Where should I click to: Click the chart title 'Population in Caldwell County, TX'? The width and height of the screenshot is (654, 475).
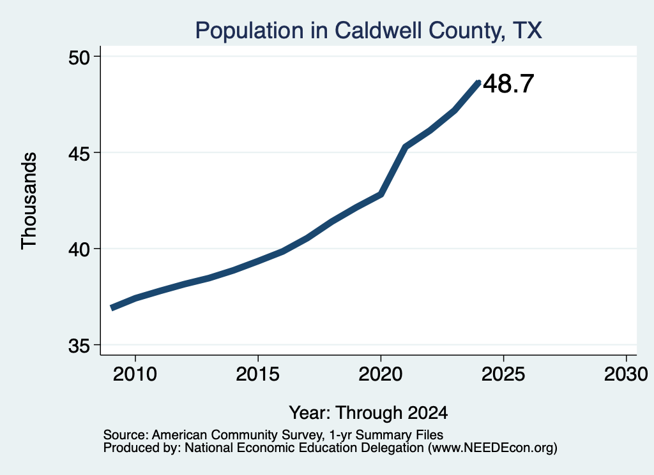pyautogui.click(x=369, y=31)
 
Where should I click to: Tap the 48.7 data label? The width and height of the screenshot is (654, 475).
pyautogui.click(x=508, y=84)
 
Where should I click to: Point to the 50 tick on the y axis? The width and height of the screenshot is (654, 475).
pyautogui.click(x=79, y=57)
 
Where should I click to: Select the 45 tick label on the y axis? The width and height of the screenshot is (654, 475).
pyautogui.click(x=79, y=153)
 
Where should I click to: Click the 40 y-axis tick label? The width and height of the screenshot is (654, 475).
pyautogui.click(x=79, y=249)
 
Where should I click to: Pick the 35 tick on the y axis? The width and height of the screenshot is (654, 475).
pyautogui.click(x=79, y=346)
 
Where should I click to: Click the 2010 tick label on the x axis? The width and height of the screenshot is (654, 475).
pyautogui.click(x=135, y=374)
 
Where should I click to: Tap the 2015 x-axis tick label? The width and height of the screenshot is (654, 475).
pyautogui.click(x=258, y=374)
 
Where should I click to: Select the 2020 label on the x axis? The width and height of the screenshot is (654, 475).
pyautogui.click(x=381, y=374)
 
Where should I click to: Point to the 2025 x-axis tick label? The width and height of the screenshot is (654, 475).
pyautogui.click(x=503, y=374)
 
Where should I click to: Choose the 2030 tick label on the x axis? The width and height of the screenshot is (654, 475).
pyautogui.click(x=626, y=374)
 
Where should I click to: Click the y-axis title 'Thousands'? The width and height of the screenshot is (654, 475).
pyautogui.click(x=29, y=201)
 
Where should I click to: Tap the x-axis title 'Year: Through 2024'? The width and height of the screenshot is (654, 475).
pyautogui.click(x=369, y=413)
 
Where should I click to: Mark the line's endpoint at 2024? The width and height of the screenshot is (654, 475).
pyautogui.click(x=479, y=82)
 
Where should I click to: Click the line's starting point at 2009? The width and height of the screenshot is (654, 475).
pyautogui.click(x=112, y=308)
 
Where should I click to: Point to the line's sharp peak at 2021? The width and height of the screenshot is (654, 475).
pyautogui.click(x=405, y=147)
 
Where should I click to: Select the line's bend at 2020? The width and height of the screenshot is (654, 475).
pyautogui.click(x=381, y=194)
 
